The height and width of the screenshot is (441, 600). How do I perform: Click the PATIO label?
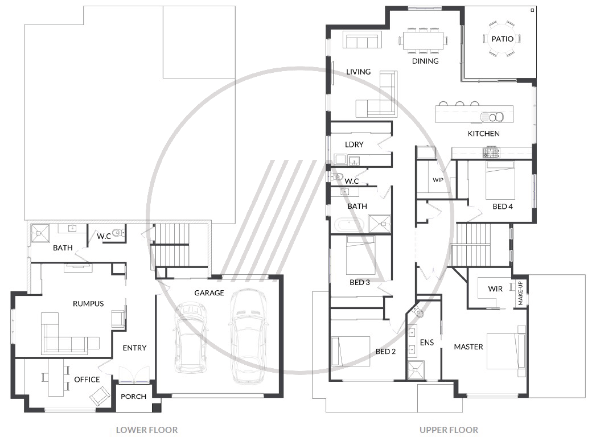pyautogui.click(x=503, y=39)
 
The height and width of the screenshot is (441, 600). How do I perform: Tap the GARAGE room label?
pyautogui.click(x=209, y=293)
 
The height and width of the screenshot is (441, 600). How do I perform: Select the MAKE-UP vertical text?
pyautogui.click(x=520, y=294)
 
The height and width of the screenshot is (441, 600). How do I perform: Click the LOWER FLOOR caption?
pyautogui.click(x=146, y=430)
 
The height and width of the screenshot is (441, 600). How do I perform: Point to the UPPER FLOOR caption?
pyautogui.click(x=449, y=430)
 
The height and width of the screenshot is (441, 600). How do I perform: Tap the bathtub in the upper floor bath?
pyautogui.click(x=350, y=225)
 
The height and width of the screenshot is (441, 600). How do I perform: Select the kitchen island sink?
pyautogui.click(x=492, y=117)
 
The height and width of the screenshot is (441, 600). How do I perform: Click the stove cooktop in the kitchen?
pyautogui.click(x=491, y=153)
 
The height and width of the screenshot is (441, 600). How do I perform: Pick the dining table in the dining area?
pyautogui.click(x=423, y=40)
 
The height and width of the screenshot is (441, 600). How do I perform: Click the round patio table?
pyautogui.click(x=503, y=39)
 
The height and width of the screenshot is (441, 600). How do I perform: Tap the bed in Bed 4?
pyautogui.click(x=500, y=180)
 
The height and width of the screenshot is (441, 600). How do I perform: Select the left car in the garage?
pyautogui.click(x=191, y=337)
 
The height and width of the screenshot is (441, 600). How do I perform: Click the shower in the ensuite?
pyautogui.click(x=416, y=370)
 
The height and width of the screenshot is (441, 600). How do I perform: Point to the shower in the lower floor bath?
pyautogui.click(x=40, y=233)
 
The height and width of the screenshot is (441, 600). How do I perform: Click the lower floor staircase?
pyautogui.click(x=171, y=245)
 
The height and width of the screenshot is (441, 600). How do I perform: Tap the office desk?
pyautogui.click(x=56, y=378)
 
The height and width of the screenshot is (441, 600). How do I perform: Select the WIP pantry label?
pyautogui.click(x=438, y=180)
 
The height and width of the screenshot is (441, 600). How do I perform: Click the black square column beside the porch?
pyautogui.click(x=157, y=408)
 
